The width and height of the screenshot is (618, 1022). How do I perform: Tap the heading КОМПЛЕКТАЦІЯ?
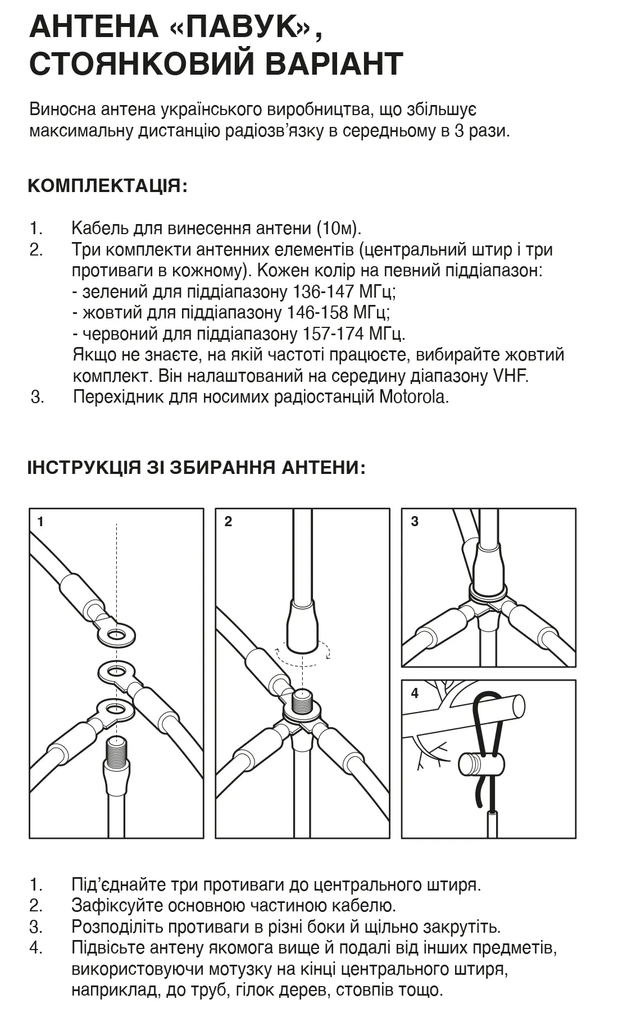point(107,186)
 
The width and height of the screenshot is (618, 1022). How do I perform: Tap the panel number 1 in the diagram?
point(40,522)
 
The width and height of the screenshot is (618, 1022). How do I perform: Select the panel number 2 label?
point(228,522)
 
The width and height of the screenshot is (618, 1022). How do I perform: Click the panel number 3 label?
point(415,522)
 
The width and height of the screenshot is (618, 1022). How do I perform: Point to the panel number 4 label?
point(415,693)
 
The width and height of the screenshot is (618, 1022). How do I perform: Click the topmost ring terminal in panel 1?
point(116,635)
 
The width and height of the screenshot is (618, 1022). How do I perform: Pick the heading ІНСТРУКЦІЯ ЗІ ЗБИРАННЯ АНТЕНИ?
point(196,468)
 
